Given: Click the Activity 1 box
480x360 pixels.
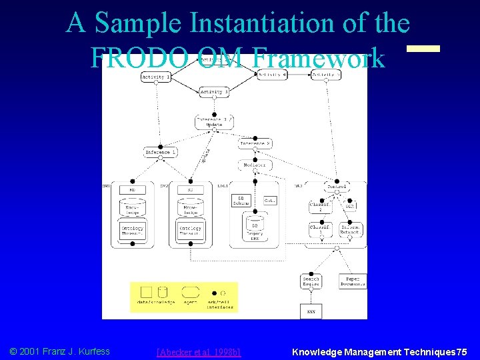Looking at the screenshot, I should (156, 77).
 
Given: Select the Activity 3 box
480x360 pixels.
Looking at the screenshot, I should (214, 91).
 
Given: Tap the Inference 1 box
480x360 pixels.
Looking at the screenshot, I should (161, 153).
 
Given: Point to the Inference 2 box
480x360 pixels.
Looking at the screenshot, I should (255, 143).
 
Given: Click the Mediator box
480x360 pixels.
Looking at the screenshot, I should (255, 165).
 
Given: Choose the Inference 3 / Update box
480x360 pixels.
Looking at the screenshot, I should (214, 121).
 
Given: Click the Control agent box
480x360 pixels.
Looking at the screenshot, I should (337, 187).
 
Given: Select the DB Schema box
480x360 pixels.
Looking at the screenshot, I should (241, 201).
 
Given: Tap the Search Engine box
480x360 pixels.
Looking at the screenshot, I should (311, 281).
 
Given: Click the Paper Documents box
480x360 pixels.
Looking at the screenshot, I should (353, 281).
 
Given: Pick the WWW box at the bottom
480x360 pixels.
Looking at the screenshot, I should (311, 311).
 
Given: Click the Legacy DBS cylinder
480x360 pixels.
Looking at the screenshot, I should (255, 227).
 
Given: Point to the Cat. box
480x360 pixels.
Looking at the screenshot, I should (269, 201).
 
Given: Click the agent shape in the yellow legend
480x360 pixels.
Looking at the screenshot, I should (191, 292).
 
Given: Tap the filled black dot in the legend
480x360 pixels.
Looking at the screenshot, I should (213, 293).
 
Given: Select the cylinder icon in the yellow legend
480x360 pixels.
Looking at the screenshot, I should (163, 292).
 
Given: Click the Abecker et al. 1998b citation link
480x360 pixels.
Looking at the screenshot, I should (198, 351).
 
